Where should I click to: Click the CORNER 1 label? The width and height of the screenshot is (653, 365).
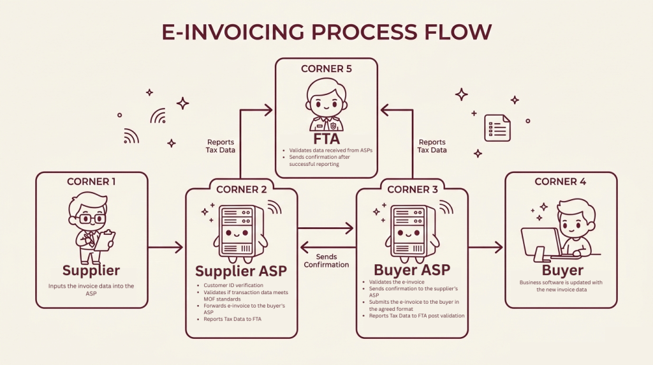[x=91, y=182]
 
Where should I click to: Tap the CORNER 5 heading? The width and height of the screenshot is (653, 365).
[x=326, y=68]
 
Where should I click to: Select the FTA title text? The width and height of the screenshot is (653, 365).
[x=326, y=138]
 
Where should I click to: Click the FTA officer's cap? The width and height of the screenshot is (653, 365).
[x=326, y=87]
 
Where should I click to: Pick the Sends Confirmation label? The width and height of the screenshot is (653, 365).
[x=326, y=260]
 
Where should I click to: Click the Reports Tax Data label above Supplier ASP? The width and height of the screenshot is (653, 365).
[x=221, y=146]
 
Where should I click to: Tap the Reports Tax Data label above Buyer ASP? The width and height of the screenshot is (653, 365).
[x=432, y=146]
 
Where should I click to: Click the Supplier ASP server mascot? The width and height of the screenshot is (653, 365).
[x=241, y=229]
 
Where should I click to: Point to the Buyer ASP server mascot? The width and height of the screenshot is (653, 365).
[x=412, y=229]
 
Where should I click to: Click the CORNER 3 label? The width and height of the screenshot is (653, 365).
[x=412, y=189]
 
